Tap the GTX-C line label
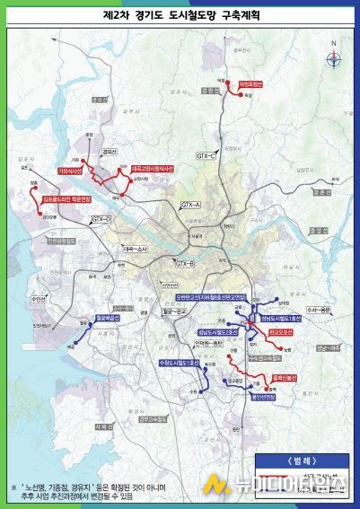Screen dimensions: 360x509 click(207, 154)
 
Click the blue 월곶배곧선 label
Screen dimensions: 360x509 click(108, 317)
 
